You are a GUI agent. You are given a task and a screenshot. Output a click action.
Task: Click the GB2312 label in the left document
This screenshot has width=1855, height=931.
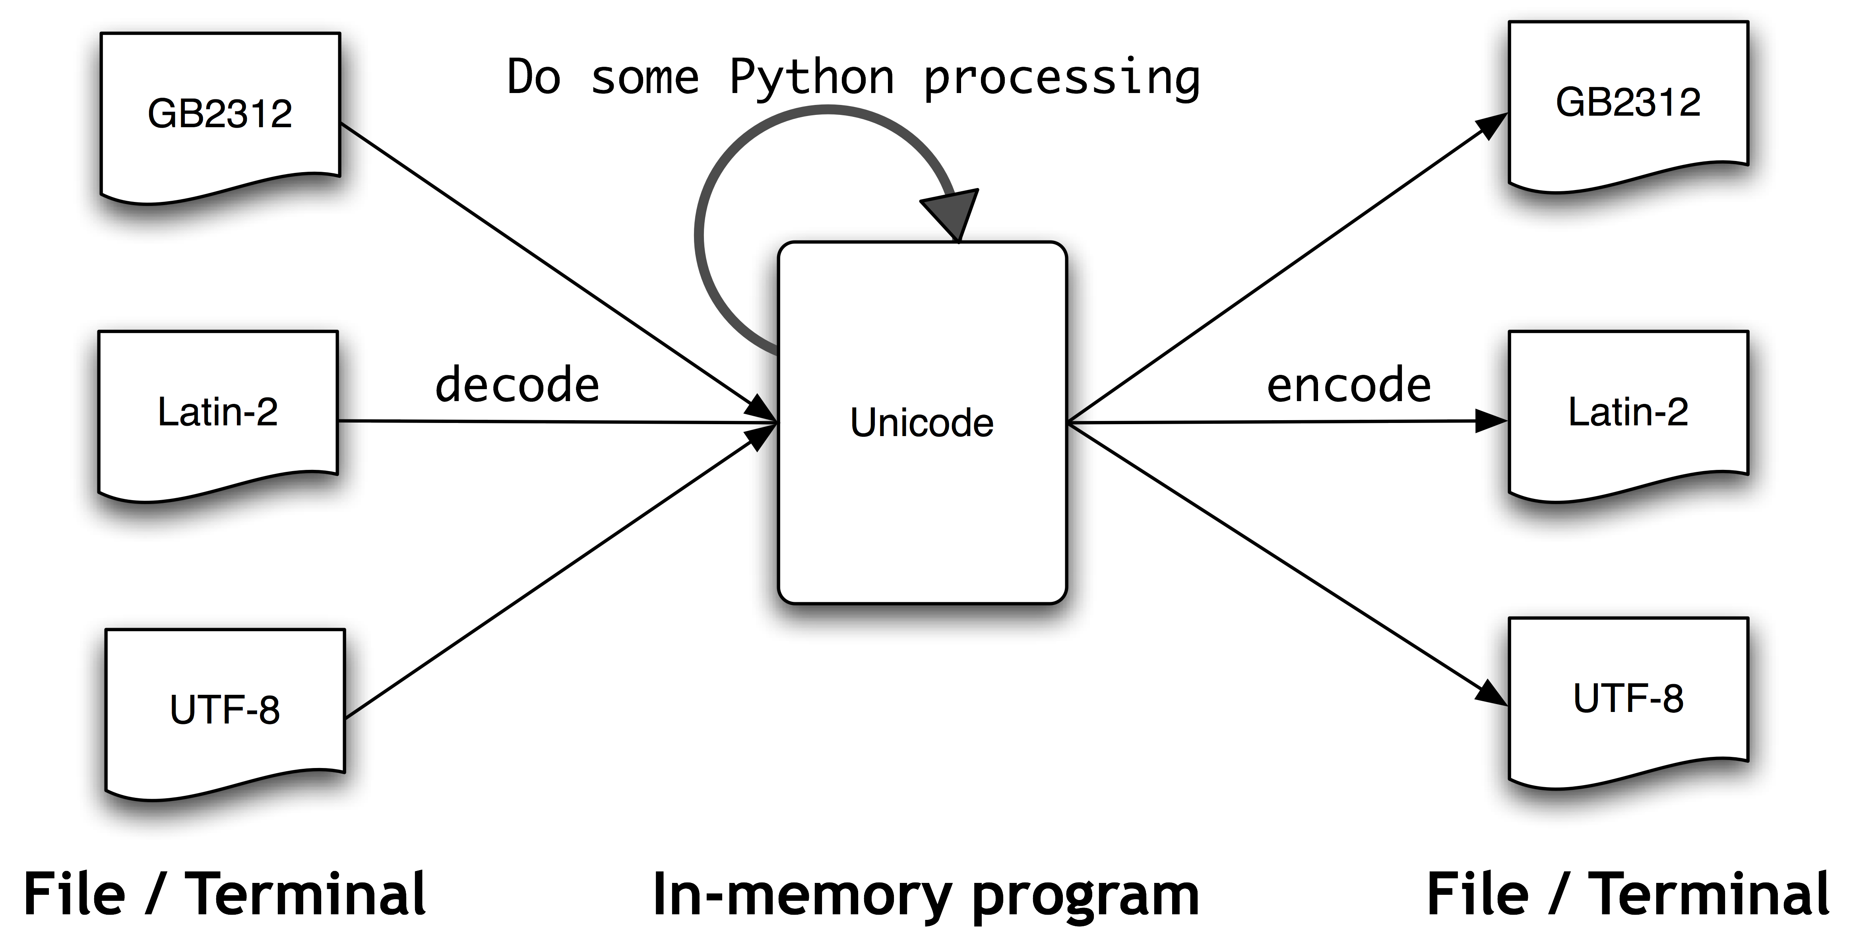tap(220, 114)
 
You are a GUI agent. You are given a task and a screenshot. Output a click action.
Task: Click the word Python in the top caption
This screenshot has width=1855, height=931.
tap(812, 78)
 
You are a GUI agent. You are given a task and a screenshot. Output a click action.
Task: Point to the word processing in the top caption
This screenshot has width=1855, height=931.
tap(1061, 78)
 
